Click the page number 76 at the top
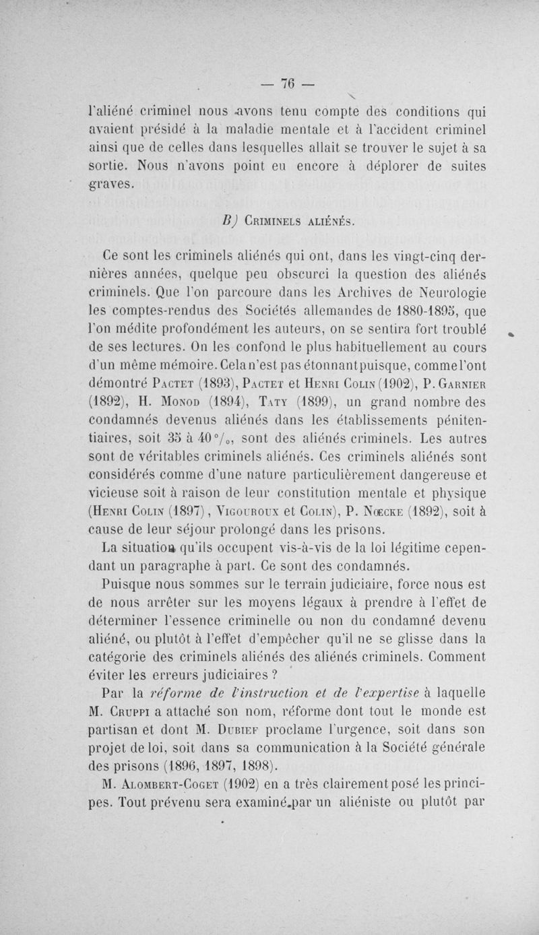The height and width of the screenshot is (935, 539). pos(290,84)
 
